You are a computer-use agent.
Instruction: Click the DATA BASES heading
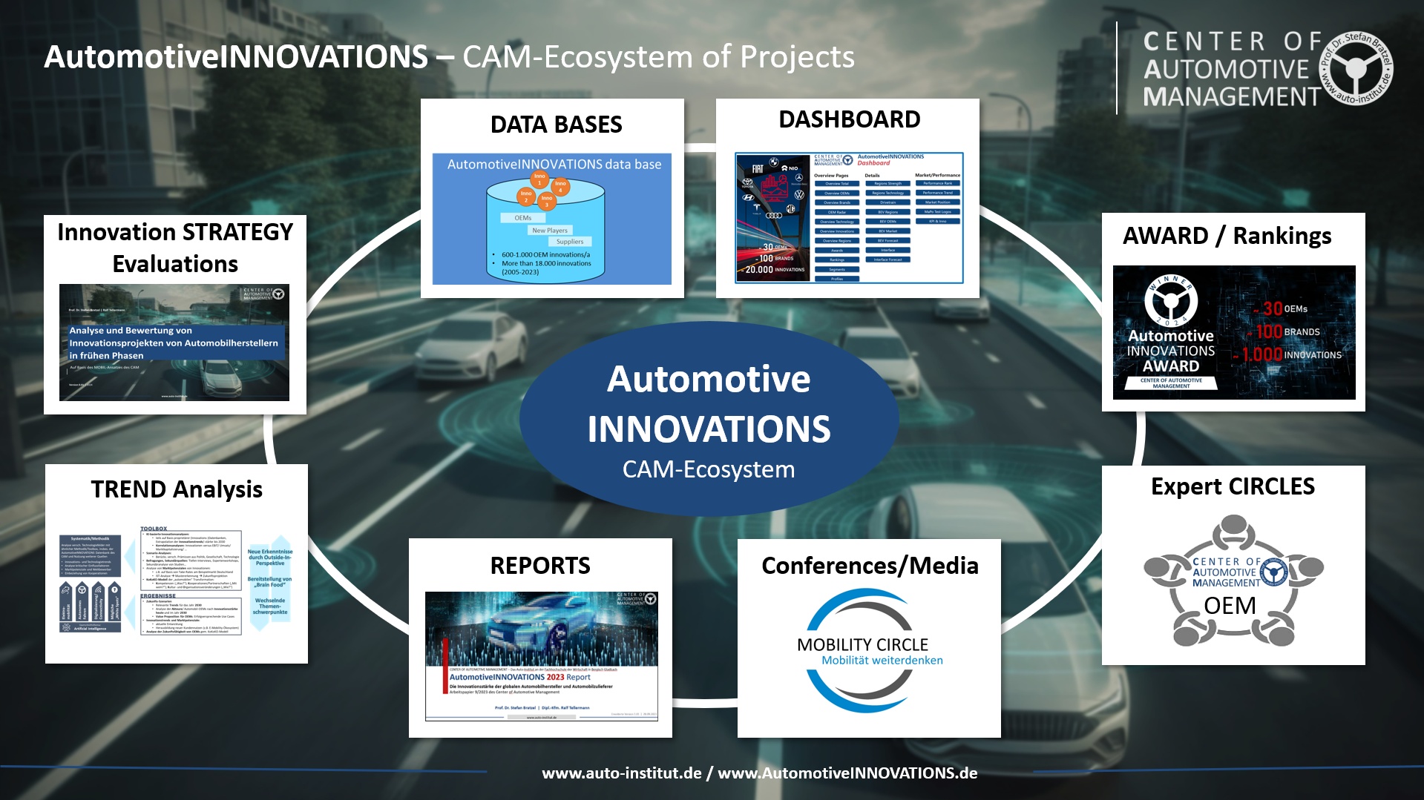[x=556, y=125]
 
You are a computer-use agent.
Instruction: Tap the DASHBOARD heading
[x=849, y=119]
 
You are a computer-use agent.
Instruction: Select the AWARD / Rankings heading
[x=1227, y=236]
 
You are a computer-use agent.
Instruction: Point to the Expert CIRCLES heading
[x=1233, y=486]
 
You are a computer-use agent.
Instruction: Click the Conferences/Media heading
[x=870, y=566]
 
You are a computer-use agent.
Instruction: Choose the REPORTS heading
[x=540, y=566]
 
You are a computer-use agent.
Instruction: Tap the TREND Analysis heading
[x=177, y=489]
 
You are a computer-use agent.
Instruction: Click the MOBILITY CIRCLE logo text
[x=862, y=644]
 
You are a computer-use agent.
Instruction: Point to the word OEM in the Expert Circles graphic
[x=1230, y=606]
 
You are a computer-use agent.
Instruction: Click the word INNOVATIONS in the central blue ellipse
[x=709, y=429]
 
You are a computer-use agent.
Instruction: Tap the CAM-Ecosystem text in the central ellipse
[x=709, y=469]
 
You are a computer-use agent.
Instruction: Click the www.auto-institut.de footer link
[x=622, y=773]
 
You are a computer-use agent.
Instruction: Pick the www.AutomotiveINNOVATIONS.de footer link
[x=847, y=773]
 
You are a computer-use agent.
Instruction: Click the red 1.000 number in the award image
[x=1261, y=354]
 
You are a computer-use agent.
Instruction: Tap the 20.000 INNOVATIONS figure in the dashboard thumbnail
[x=775, y=270]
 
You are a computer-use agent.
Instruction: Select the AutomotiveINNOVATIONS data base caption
[x=554, y=165]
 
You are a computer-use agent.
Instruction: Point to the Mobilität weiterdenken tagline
[x=882, y=661]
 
